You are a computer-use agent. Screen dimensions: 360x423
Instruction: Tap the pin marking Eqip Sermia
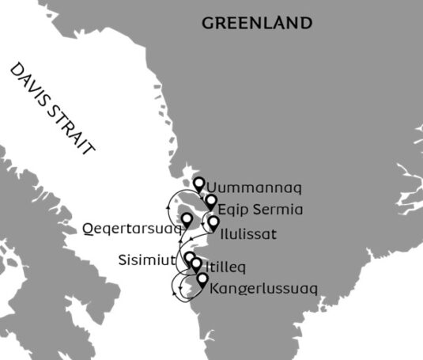click(211, 202)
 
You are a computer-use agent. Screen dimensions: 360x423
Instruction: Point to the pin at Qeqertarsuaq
click(187, 219)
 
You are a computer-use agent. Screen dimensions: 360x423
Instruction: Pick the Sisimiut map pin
click(190, 259)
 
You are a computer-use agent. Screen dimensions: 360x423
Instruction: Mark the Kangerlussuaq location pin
click(202, 279)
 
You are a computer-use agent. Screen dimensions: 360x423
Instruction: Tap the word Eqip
click(230, 210)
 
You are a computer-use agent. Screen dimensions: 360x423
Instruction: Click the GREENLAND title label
click(256, 23)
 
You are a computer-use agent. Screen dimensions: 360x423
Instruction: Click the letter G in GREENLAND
click(209, 23)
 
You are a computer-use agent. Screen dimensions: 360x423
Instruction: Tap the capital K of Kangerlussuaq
click(215, 290)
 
